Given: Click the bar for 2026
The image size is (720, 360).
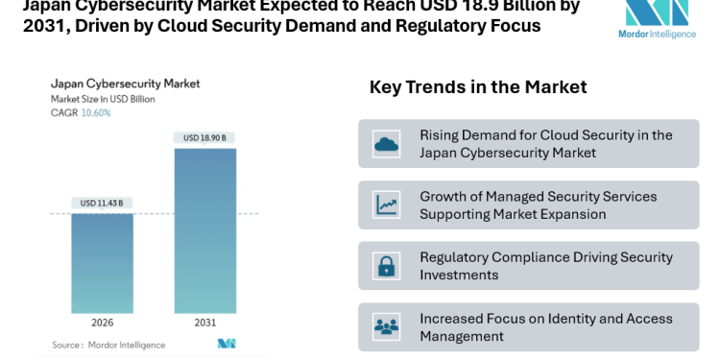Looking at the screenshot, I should (x=103, y=263).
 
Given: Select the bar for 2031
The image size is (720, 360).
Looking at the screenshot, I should (x=204, y=230).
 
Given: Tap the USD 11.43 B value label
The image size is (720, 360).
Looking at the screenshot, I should (x=103, y=203).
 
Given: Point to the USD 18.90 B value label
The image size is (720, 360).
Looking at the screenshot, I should (x=204, y=138).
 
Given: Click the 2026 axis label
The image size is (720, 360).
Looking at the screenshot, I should (x=103, y=323).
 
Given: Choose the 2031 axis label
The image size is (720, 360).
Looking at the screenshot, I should (x=204, y=323).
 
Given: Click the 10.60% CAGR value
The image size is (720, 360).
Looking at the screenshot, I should (x=95, y=112).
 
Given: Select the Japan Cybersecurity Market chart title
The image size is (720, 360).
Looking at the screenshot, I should (x=125, y=84).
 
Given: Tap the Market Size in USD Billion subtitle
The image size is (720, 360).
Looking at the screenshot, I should (x=103, y=99).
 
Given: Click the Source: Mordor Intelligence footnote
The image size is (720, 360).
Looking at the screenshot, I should (x=108, y=345).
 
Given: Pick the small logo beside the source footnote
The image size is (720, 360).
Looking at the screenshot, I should (x=227, y=344).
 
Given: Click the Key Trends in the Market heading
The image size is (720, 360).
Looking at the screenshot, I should (x=478, y=87).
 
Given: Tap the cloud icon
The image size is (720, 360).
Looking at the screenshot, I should (x=387, y=144).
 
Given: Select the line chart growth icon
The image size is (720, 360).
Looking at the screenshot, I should (x=387, y=204).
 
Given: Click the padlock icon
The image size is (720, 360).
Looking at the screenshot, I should (x=387, y=266).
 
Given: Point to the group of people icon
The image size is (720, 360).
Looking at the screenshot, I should (x=387, y=327).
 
